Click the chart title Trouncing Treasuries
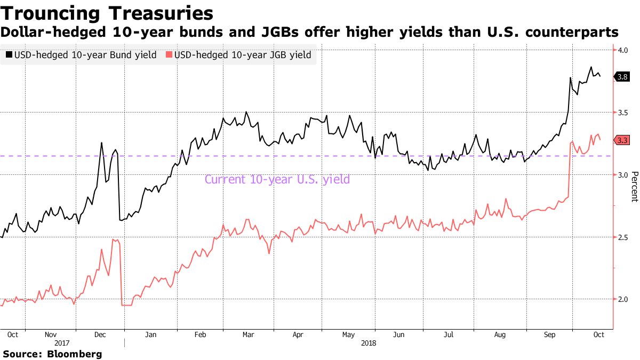[107, 13]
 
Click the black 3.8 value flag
[622, 77]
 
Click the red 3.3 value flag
[622, 140]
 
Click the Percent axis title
[634, 187]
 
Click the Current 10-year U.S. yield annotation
[277, 179]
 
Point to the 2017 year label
[62, 343]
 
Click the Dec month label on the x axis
[100, 334]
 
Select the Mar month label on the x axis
[248, 334]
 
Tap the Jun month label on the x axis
[398, 334]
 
